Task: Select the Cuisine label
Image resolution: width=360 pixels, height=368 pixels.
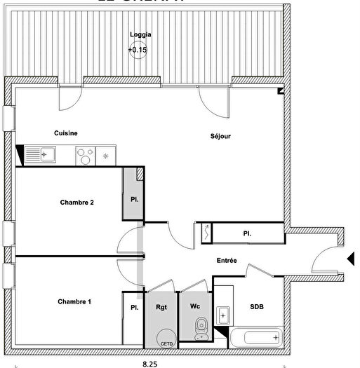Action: (66, 133)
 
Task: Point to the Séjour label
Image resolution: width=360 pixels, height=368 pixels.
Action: (221, 136)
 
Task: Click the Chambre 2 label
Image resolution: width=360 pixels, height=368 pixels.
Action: (77, 203)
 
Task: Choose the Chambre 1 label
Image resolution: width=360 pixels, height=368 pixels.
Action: (74, 302)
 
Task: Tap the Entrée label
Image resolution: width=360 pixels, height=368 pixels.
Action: (226, 261)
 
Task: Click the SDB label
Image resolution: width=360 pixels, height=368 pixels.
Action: (257, 306)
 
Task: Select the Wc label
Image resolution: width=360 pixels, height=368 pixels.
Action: (196, 306)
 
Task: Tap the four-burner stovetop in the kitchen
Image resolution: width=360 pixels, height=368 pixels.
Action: (85, 154)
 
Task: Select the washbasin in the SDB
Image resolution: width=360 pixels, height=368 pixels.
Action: (224, 315)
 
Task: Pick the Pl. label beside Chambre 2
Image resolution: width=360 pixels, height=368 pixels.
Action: (134, 199)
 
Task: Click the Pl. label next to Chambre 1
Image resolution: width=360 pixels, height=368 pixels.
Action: (133, 307)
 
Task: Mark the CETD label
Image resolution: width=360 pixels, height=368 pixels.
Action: (166, 343)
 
